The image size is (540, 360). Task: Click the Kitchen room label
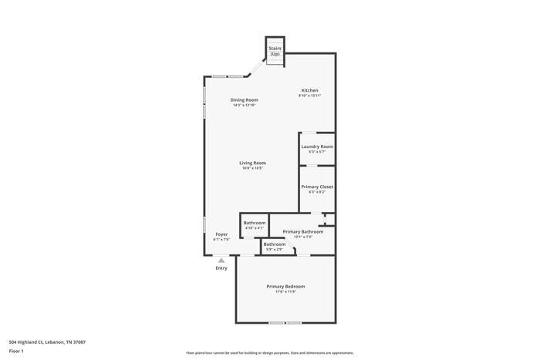coord(309,90)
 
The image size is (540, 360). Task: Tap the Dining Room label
coord(244,100)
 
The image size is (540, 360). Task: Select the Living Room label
coord(252,163)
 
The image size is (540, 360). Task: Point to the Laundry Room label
coord(317,146)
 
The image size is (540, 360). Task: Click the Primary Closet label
coord(317,187)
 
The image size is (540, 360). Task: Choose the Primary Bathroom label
coord(302,231)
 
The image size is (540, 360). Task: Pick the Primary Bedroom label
coord(285,286)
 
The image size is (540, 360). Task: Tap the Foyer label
coord(221,234)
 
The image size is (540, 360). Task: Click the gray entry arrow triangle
coord(221,261)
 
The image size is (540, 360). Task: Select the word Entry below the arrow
coord(221,268)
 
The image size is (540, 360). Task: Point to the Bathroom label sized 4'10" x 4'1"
coord(255,223)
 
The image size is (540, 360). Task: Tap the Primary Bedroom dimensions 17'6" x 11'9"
coord(285,292)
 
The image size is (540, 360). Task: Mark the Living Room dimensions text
coord(252,168)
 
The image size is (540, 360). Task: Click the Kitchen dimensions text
coord(309,96)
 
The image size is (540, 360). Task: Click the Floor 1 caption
coord(16,352)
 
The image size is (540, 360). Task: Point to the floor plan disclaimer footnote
coord(269,352)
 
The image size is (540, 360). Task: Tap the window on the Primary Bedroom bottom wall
coord(285,322)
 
